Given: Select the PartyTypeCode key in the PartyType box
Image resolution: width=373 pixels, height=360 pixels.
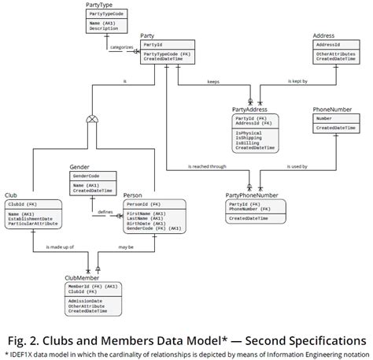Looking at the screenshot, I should pyautogui.click(x=106, y=14).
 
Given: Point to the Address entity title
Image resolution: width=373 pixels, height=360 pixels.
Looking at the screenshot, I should pyautogui.click(x=323, y=36).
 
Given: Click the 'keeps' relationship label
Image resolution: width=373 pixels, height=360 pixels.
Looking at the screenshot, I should pyautogui.click(x=213, y=80).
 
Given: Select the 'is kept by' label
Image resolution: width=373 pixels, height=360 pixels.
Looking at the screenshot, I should pyautogui.click(x=298, y=80).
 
